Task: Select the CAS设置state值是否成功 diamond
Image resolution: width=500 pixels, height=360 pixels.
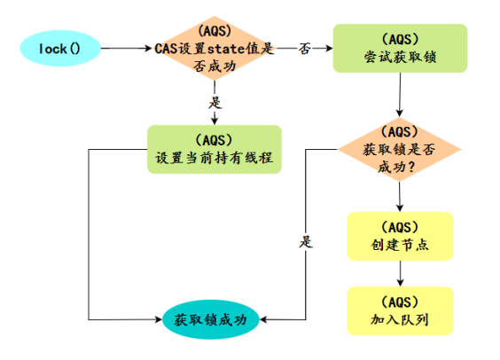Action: tap(215, 48)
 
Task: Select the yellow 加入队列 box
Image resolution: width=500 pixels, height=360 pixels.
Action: tap(400, 310)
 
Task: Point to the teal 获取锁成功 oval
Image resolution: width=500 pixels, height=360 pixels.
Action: tap(210, 318)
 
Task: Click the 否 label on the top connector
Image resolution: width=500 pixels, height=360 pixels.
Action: tap(304, 48)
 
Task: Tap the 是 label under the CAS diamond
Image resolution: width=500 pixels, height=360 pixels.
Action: tap(214, 102)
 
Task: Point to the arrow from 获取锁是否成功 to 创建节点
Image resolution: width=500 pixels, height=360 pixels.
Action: tap(400, 197)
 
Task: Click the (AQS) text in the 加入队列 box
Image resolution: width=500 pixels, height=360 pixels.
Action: tap(400, 301)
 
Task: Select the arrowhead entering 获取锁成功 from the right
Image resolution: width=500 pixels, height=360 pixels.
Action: tap(262, 318)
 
